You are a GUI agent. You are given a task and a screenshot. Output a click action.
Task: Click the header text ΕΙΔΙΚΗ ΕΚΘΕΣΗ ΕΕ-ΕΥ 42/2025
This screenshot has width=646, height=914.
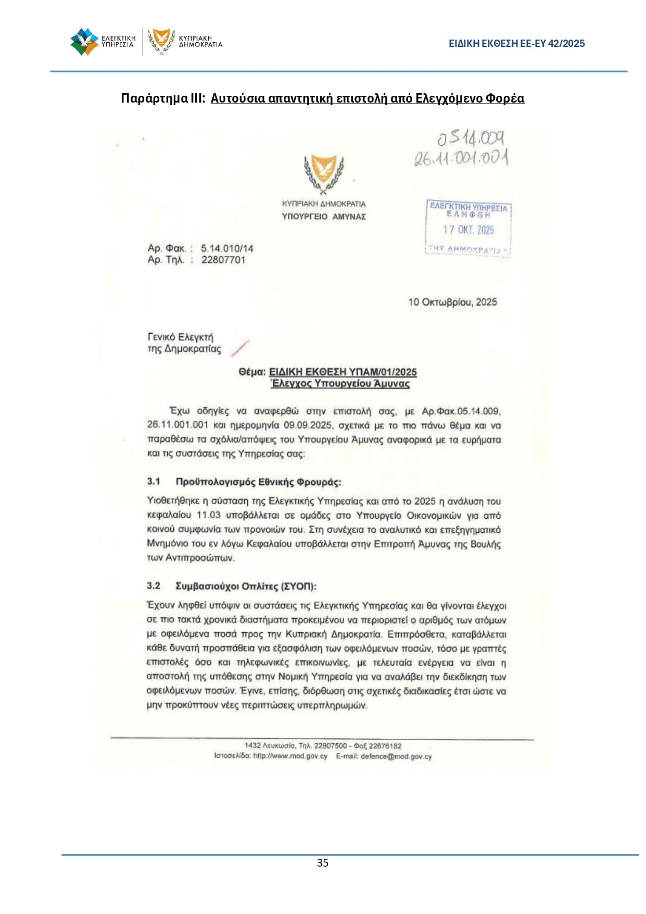click(x=516, y=44)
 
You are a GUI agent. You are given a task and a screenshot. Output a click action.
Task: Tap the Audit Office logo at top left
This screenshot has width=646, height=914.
click(x=84, y=42)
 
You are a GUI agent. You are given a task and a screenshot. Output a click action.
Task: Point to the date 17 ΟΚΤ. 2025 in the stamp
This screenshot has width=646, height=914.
click(x=468, y=230)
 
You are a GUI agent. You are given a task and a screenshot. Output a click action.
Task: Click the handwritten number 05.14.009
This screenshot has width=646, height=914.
click(x=471, y=139)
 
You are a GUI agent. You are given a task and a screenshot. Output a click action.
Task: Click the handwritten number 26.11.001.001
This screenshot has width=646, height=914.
click(x=461, y=157)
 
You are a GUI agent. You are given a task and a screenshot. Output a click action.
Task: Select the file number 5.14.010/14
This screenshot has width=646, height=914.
click(x=227, y=248)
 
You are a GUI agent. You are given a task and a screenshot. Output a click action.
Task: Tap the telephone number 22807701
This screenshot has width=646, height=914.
click(x=223, y=260)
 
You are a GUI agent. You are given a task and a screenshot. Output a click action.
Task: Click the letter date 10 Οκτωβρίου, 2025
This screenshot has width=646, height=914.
click(x=452, y=302)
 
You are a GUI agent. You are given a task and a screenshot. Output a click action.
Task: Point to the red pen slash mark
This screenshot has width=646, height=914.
click(x=240, y=347)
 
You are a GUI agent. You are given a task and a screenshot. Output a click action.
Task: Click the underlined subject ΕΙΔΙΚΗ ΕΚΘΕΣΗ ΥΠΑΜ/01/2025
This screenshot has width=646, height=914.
click(x=343, y=372)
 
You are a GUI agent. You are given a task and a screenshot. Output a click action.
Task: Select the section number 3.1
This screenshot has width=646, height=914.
click(x=154, y=481)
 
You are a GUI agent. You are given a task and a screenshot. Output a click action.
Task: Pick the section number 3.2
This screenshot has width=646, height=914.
click(x=154, y=586)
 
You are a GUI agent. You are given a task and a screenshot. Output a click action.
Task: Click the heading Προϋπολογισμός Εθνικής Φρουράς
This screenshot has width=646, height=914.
click(x=258, y=482)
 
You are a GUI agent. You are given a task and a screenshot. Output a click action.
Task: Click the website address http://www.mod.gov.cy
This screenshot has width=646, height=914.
click(x=290, y=756)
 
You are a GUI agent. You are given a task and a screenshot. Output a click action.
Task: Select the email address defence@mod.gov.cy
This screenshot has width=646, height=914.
click(x=396, y=756)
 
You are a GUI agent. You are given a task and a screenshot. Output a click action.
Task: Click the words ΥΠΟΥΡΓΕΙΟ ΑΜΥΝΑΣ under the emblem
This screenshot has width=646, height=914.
click(x=324, y=217)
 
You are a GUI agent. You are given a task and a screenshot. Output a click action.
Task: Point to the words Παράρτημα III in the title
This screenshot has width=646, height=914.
click(x=163, y=98)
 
